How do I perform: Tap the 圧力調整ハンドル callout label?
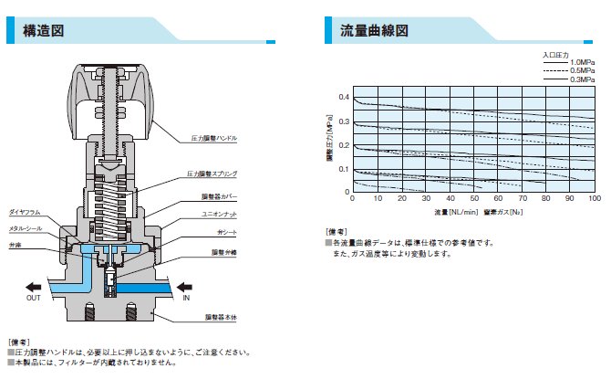pos(214,139)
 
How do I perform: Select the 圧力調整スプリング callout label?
pos(212,173)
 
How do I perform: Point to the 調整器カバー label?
pos(220,195)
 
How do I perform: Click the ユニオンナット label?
pos(220,216)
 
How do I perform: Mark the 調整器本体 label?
pos(220,316)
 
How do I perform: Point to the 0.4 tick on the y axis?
pos(344,97)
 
